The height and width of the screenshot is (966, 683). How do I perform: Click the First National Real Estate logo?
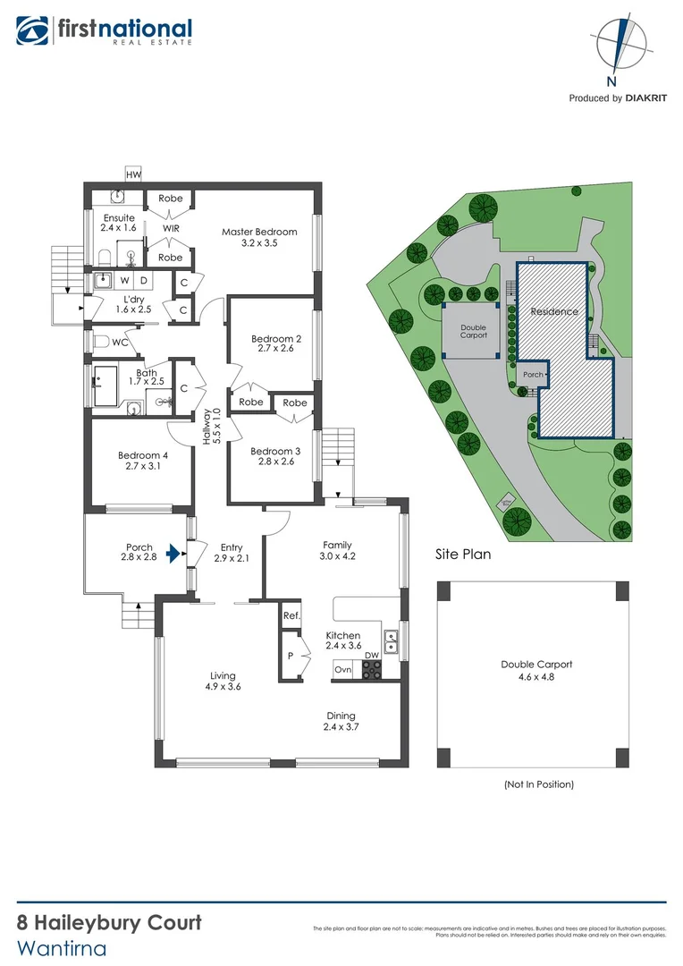103,32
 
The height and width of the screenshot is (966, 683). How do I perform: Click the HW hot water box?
133,174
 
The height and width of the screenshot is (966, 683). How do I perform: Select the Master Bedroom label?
259,233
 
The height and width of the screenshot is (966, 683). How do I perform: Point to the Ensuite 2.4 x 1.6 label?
119,224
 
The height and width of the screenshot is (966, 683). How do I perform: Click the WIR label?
171,228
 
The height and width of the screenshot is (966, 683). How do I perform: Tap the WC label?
119,342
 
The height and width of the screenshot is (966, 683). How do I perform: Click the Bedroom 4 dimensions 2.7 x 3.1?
143,466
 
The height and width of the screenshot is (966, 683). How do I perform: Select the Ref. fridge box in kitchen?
291,616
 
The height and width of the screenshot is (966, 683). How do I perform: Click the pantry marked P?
291,656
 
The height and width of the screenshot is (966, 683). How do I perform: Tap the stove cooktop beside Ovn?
372,670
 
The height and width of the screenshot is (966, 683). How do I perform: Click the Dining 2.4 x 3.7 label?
340,722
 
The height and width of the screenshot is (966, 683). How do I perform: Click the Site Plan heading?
462,554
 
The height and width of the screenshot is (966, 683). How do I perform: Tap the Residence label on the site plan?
554,311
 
